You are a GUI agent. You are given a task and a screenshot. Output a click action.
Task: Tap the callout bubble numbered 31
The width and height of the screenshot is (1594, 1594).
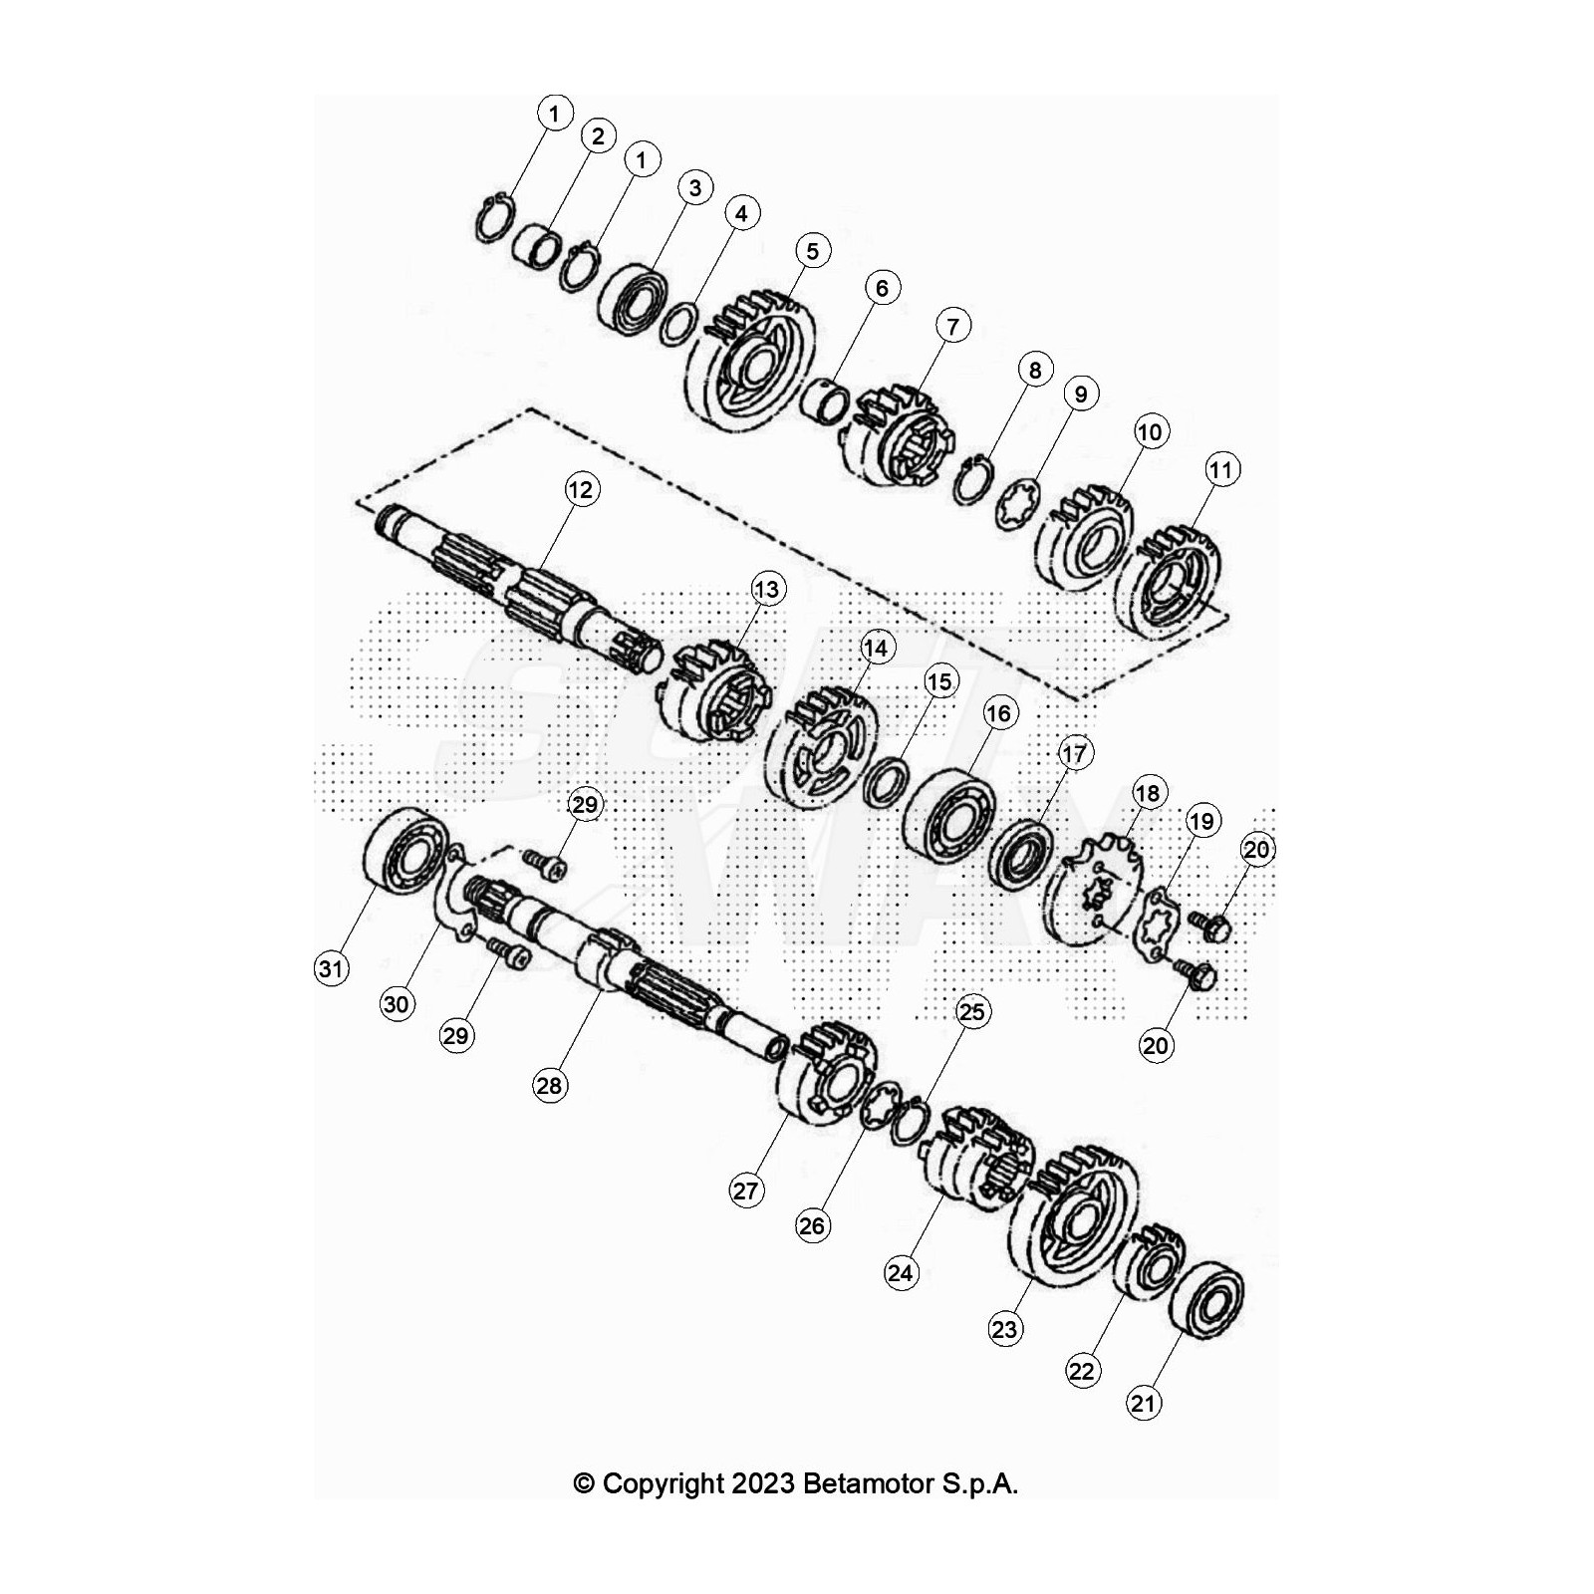pos(332,967)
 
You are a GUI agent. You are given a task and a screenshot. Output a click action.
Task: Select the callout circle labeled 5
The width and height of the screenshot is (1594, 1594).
pos(813,251)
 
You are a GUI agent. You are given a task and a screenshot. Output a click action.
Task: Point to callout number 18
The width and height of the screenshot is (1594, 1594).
pos(1148,793)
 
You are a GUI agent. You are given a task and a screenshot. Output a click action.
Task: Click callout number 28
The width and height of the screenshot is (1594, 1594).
pos(550,1085)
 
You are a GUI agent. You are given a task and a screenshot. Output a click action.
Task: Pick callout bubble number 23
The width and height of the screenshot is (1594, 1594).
pos(1004,1328)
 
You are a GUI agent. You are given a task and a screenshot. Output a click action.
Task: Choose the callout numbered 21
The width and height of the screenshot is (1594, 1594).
pos(1144,1403)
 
